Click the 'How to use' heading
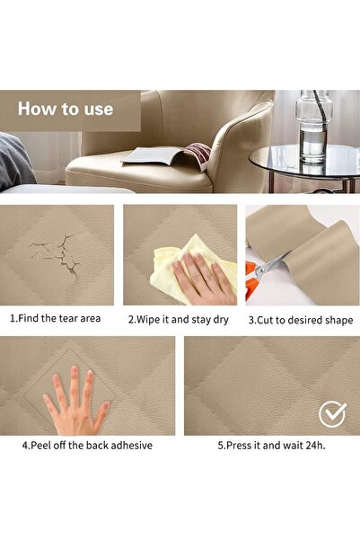point(66,110)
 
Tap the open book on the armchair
point(168,157)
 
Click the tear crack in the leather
point(54,252)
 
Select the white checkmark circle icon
point(333,414)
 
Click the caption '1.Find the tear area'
point(56,318)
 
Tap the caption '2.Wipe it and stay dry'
point(180,319)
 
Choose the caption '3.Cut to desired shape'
point(301,319)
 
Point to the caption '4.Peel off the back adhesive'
point(87,445)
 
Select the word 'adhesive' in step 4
point(131,445)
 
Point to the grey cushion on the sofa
point(15,160)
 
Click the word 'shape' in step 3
point(338,319)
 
